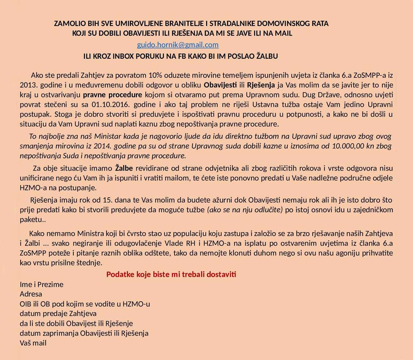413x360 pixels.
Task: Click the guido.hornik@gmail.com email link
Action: [x=178, y=45]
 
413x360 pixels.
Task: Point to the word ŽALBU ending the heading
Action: [x=266, y=57]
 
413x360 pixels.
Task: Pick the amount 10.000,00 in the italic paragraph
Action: [x=342, y=147]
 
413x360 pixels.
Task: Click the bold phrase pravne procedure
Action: [x=112, y=95]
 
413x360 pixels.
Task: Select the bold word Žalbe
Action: [x=124, y=168]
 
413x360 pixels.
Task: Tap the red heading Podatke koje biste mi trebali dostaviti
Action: [x=171, y=274]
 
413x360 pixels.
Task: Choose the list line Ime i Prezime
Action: [x=41, y=284]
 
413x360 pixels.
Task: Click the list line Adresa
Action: [x=31, y=294]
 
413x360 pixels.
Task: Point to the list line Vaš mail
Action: [x=33, y=343]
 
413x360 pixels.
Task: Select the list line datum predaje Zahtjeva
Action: [x=58, y=314]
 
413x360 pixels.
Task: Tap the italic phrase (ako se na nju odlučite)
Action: [x=245, y=210]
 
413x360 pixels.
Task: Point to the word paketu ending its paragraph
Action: [x=31, y=219]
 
